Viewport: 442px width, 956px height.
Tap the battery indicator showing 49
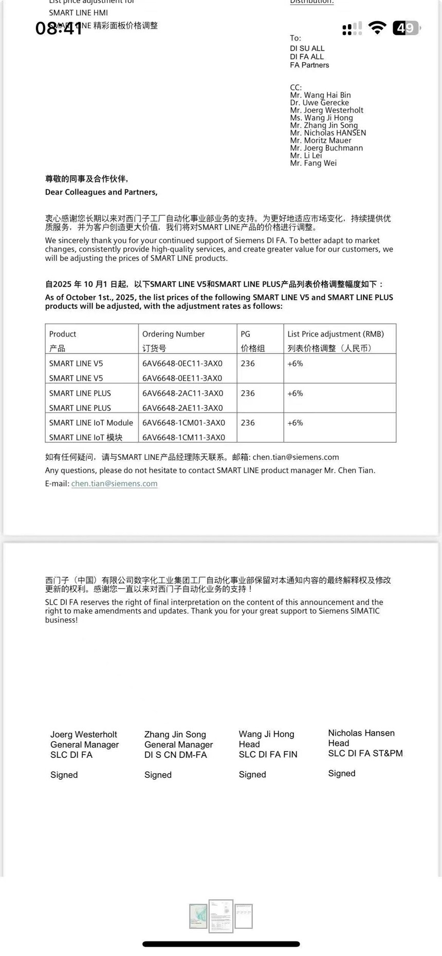(x=406, y=28)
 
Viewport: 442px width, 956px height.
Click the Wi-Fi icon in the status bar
(x=378, y=28)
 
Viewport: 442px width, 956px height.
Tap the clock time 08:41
(x=59, y=28)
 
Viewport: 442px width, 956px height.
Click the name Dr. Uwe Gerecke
(x=319, y=103)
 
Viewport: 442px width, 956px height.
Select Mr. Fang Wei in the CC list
(x=313, y=163)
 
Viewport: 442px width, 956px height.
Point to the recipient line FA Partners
(x=309, y=65)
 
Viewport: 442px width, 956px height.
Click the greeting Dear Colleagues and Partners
(x=101, y=192)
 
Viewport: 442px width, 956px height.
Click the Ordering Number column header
(x=173, y=334)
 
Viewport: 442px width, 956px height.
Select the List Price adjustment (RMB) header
(x=336, y=334)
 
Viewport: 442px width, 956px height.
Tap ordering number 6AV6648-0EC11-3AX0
(x=182, y=364)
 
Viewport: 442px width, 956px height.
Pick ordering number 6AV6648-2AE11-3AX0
(x=182, y=408)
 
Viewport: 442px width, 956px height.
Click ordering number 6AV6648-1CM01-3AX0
(x=183, y=423)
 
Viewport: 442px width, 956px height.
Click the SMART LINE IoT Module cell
(x=91, y=423)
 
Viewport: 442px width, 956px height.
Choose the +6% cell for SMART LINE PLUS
(x=295, y=393)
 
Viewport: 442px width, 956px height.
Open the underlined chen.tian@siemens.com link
(x=114, y=483)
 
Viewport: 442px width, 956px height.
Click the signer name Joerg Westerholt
(x=84, y=735)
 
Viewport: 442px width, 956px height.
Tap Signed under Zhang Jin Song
(x=158, y=775)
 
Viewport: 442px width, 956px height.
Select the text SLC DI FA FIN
(x=268, y=754)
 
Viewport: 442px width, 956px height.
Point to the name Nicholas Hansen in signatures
(x=361, y=733)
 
